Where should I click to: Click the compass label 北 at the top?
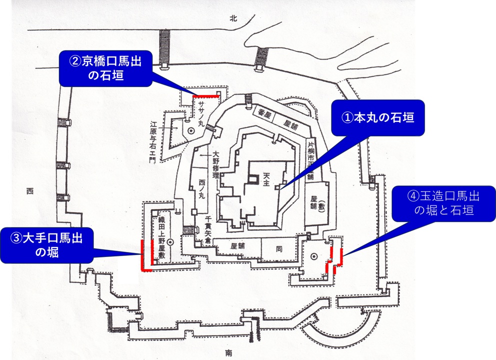[232, 18]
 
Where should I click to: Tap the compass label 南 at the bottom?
[228, 353]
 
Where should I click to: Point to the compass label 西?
[29, 190]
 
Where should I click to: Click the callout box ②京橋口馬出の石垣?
[104, 68]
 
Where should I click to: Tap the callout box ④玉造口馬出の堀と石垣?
[443, 204]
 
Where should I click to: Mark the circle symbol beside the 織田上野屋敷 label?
[170, 242]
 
